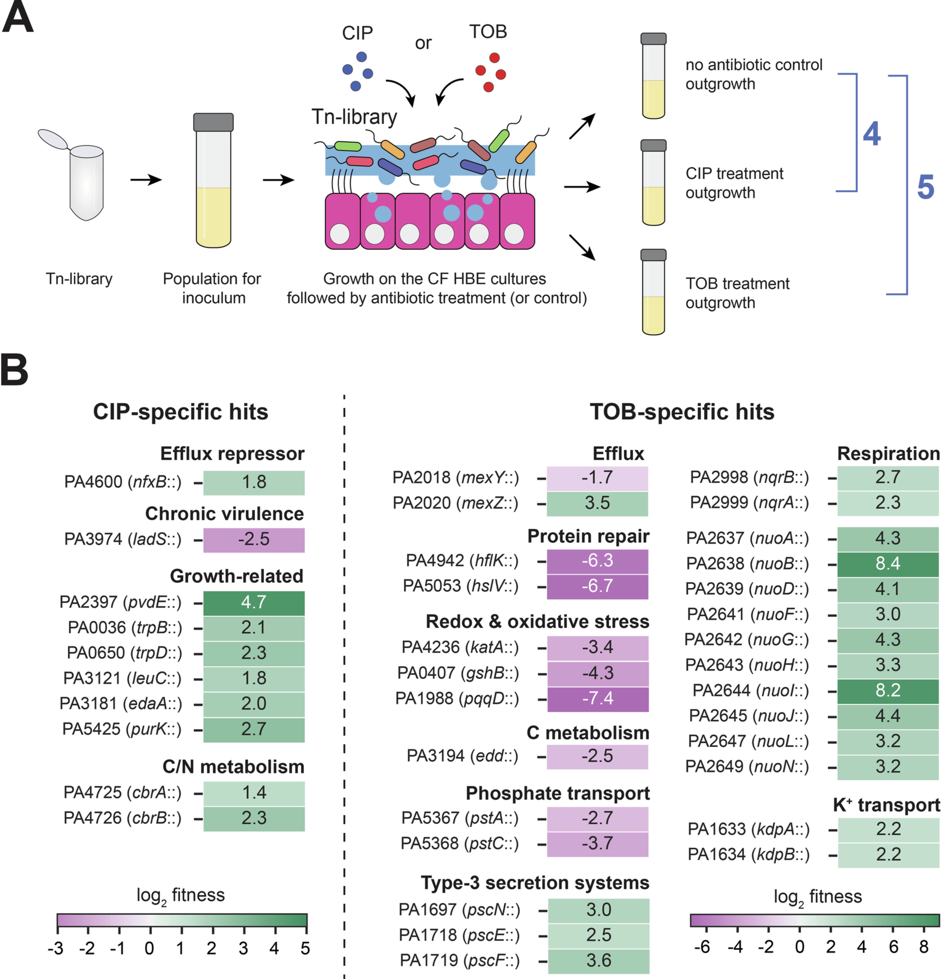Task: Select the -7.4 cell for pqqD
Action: [598, 698]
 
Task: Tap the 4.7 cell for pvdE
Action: [254, 602]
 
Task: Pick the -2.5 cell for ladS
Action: [254, 539]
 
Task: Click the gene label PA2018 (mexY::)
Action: [455, 477]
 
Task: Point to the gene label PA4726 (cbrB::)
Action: [122, 818]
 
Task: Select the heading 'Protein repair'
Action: [588, 536]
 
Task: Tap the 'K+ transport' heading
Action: [886, 805]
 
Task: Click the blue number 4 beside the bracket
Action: [872, 134]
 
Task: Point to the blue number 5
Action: [925, 187]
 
